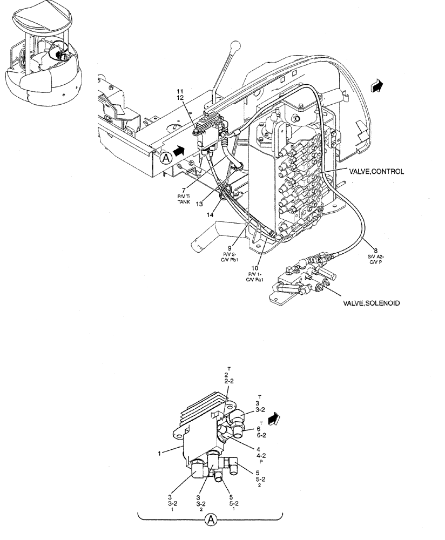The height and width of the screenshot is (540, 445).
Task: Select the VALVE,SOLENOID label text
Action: tap(372, 303)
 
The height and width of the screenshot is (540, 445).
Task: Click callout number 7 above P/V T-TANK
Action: tap(184, 190)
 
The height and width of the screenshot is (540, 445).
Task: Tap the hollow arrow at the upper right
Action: tap(376, 85)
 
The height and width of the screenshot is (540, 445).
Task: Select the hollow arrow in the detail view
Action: tap(275, 418)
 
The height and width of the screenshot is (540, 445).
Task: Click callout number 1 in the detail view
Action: tap(160, 454)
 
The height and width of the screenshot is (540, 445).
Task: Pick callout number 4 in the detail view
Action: tap(259, 449)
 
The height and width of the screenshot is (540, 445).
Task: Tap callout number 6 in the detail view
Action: tap(259, 429)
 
